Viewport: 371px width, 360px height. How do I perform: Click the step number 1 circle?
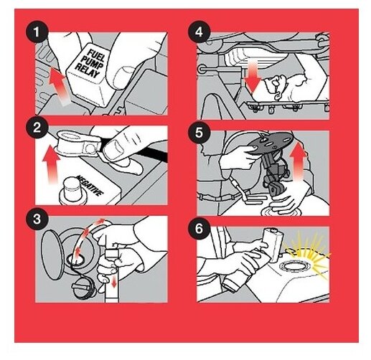tap(37, 32)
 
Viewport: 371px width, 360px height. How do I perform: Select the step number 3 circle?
tap(37, 219)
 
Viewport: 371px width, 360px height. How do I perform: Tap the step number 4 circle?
tap(199, 32)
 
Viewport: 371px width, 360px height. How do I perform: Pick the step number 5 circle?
tap(199, 133)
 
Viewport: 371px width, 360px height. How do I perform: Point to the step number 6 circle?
tap(199, 229)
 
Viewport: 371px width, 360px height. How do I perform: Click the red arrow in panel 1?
tap(58, 86)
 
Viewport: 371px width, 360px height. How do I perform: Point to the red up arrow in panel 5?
tap(298, 162)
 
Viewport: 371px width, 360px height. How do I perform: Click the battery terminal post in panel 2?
tap(70, 191)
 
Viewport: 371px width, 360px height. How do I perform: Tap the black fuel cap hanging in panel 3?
tap(83, 289)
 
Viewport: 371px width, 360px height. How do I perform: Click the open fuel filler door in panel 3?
tap(52, 255)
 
